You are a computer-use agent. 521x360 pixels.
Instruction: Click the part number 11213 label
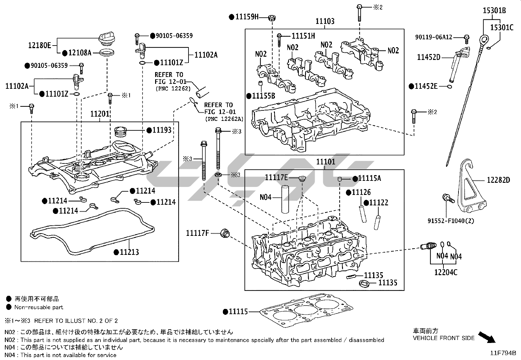click(129, 252)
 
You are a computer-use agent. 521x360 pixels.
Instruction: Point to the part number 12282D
click(498, 180)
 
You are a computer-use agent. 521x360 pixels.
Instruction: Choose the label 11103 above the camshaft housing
click(325, 21)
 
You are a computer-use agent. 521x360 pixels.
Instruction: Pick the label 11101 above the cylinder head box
click(326, 162)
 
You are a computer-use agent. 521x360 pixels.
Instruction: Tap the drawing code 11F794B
click(503, 353)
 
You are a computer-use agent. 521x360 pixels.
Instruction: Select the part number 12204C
click(446, 272)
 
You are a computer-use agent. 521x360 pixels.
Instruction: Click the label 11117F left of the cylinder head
click(197, 233)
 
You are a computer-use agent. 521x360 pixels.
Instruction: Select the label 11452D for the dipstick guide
click(428, 57)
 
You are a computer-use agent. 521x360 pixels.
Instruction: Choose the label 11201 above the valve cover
click(100, 114)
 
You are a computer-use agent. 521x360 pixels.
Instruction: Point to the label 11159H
click(247, 16)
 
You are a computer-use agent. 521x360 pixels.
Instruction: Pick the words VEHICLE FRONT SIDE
click(443, 338)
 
